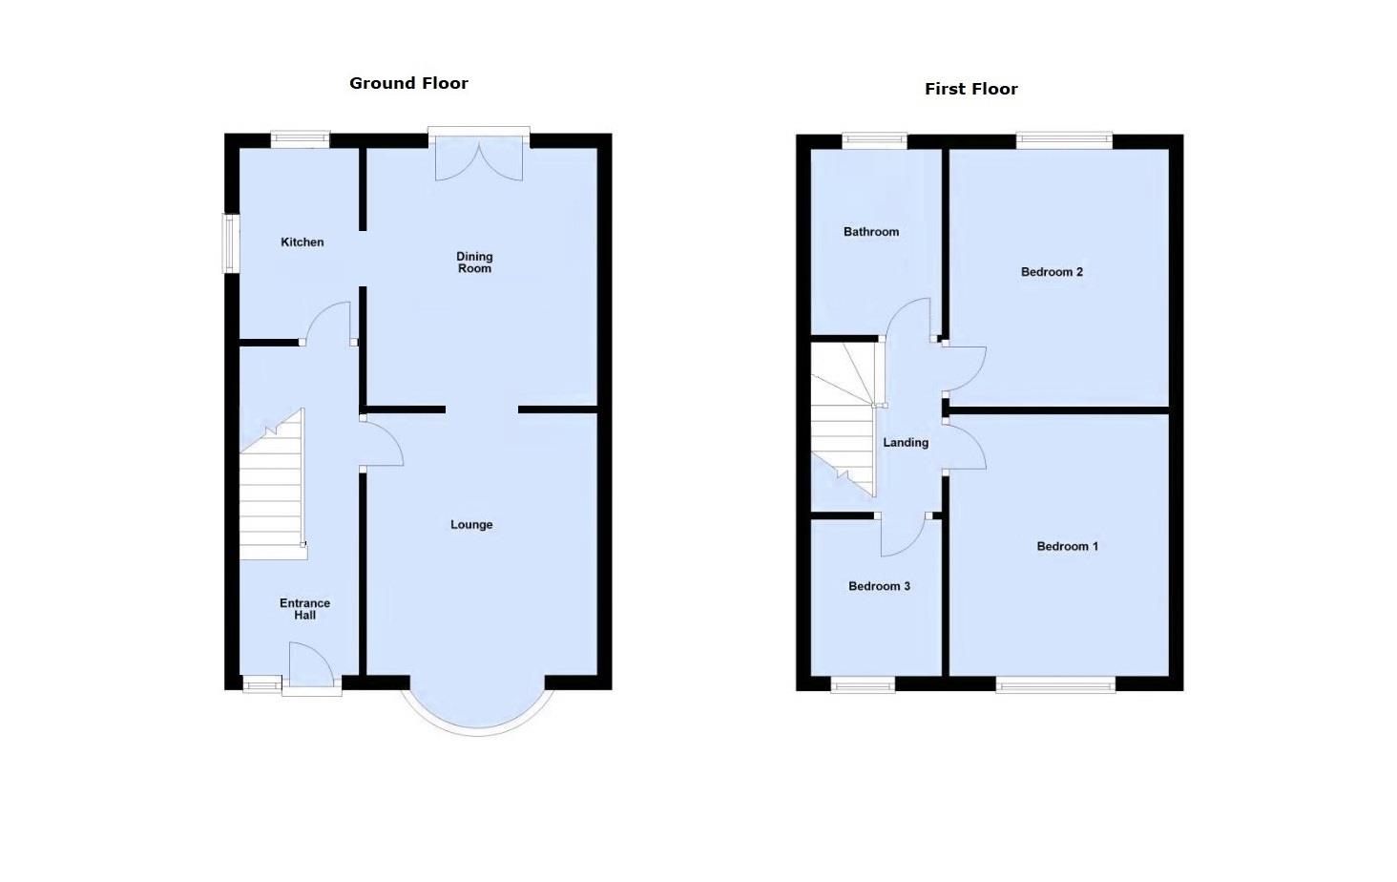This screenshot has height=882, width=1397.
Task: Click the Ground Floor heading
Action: pos(408,83)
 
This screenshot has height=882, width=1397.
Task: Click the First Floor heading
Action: pos(970,89)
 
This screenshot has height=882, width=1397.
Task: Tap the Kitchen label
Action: pos(302,242)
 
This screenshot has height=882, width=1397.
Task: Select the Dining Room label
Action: pos(474,262)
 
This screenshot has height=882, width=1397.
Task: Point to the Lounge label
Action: pos(471,524)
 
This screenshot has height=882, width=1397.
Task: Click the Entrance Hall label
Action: pos(304,609)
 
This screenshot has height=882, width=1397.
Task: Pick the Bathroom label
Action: pos(870,232)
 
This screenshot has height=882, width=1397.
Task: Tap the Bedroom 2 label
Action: pos(1052,272)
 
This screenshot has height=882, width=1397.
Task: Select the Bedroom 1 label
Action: pos(1067,546)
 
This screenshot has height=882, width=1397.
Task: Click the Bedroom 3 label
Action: pos(879,586)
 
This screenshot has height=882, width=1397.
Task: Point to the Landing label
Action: pos(905,443)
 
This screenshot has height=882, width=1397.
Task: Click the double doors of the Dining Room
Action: pos(479,157)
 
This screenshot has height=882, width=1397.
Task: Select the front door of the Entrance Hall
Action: pos(311,668)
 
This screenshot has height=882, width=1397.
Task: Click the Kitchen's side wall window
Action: pos(230,243)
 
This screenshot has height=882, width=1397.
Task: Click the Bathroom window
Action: pos(874,141)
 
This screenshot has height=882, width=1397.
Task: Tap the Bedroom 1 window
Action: pos(1055,683)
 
